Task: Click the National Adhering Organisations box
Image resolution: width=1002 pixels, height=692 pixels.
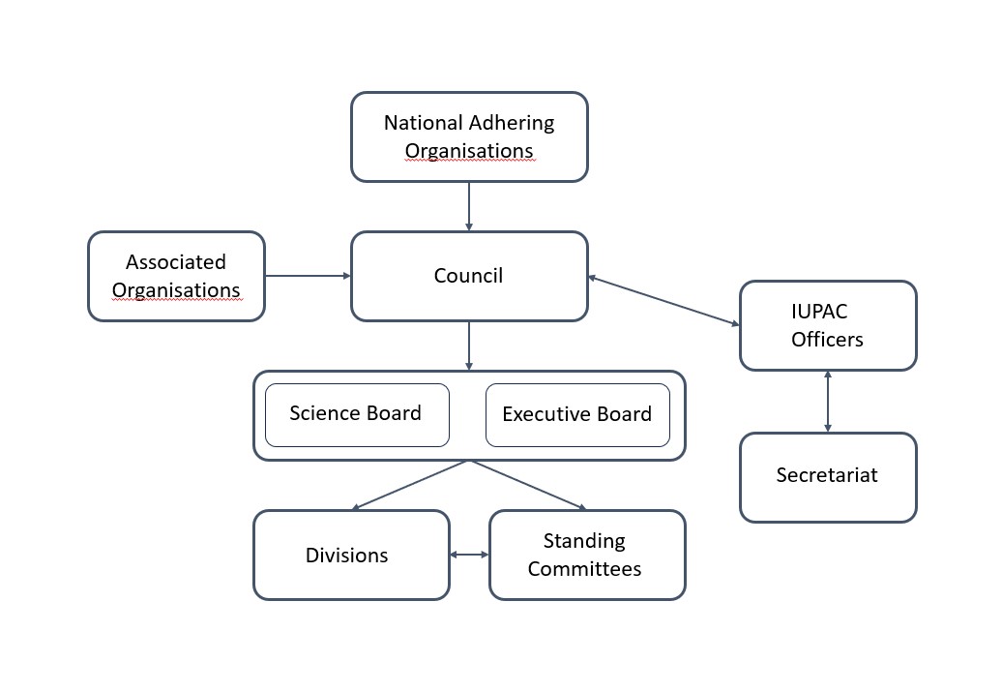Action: click(x=469, y=136)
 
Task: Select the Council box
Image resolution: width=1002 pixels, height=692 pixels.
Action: click(x=469, y=276)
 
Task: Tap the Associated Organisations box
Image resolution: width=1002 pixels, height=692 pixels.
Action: click(x=176, y=276)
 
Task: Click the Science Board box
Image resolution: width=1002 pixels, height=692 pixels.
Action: click(x=357, y=414)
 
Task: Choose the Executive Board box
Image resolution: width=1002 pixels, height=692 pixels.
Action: click(x=577, y=414)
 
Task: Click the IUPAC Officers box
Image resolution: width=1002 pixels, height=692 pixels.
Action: click(x=828, y=325)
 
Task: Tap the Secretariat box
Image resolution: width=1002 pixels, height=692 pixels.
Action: click(x=828, y=476)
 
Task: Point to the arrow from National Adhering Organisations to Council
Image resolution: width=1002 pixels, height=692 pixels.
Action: click(x=469, y=206)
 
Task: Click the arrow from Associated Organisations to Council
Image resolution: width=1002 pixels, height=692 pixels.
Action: click(x=308, y=276)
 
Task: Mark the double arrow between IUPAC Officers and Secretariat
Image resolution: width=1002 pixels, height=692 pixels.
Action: click(x=828, y=401)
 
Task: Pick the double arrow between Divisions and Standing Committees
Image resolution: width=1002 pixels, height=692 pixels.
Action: click(x=470, y=555)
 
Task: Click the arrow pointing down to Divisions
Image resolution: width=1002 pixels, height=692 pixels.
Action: click(x=411, y=485)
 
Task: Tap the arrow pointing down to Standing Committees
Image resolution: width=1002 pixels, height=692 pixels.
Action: click(x=528, y=485)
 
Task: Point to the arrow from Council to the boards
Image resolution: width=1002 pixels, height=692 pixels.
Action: click(x=469, y=346)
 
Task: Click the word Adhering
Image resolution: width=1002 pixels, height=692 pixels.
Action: click(x=512, y=123)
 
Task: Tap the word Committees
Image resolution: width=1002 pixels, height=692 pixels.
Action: click(x=584, y=569)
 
